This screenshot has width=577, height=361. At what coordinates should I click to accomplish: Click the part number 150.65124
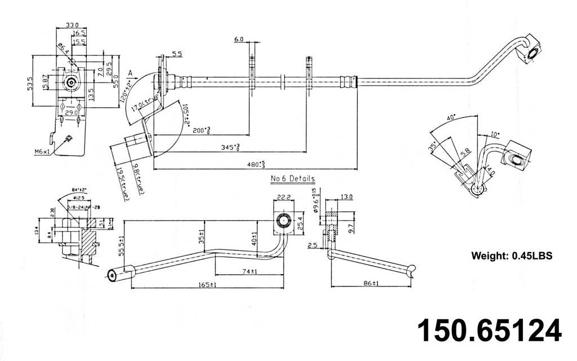pyautogui.click(x=489, y=331)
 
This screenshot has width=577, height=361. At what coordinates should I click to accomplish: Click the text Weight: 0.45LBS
pyautogui.click(x=511, y=256)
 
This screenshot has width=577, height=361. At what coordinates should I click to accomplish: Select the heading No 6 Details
pyautogui.click(x=292, y=179)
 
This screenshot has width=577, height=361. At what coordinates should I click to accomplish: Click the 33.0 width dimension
pyautogui.click(x=73, y=25)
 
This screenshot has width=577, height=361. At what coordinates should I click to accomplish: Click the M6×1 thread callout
pyautogui.click(x=42, y=151)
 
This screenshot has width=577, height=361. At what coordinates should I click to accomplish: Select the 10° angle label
pyautogui.click(x=494, y=135)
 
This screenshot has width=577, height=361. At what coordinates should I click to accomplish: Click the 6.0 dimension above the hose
pyautogui.click(x=238, y=39)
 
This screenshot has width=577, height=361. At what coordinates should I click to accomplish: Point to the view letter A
pyautogui.click(x=130, y=73)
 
